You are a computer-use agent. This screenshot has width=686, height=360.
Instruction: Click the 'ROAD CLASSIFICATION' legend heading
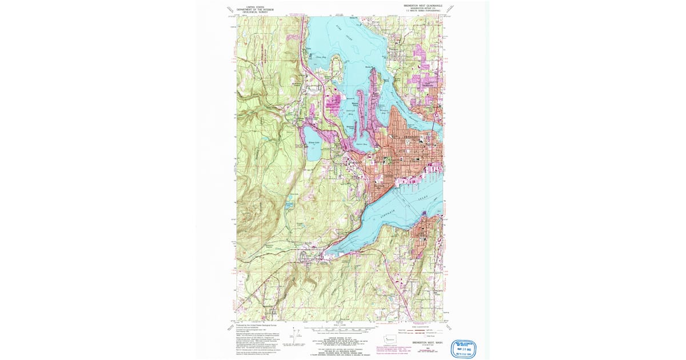424,327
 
